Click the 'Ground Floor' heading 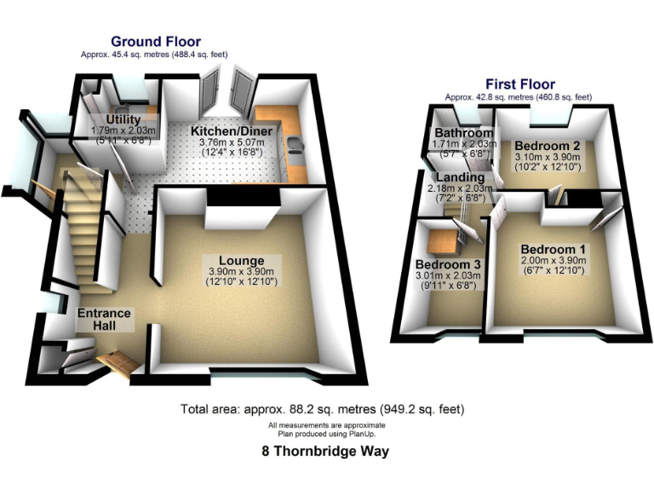[x=155, y=41]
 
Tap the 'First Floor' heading [x=519, y=84]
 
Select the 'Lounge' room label [x=241, y=260]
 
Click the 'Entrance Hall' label [x=105, y=319]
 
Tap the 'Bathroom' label [x=463, y=134]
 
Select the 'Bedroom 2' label [x=547, y=146]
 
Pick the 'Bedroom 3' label [x=447, y=263]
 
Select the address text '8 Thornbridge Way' [x=326, y=452]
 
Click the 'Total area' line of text [x=323, y=409]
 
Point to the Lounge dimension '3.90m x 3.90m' [x=241, y=271]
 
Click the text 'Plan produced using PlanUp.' [x=327, y=431]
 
